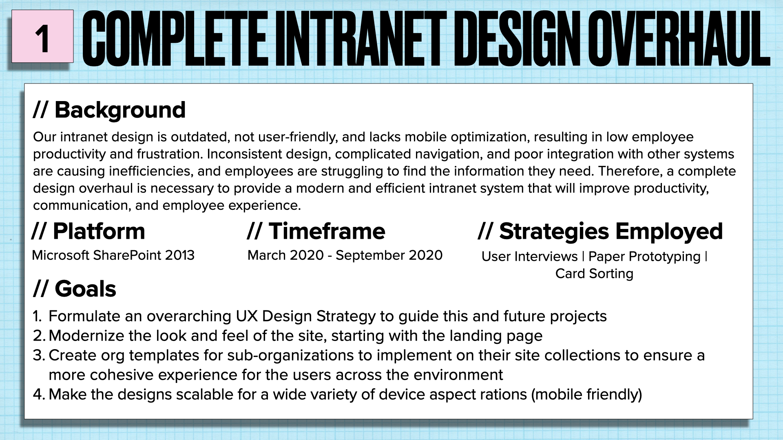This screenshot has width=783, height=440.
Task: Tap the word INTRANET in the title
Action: (361, 39)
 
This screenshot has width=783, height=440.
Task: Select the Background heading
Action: (109, 110)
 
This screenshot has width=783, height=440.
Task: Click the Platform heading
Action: (88, 231)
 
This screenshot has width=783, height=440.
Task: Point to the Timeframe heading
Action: (316, 231)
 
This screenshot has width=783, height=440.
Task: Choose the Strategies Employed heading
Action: (600, 231)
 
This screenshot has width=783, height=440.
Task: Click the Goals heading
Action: (75, 289)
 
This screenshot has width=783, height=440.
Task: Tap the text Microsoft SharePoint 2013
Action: (113, 255)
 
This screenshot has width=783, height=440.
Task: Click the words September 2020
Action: (389, 255)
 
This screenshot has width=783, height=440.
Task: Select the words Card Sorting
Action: (594, 274)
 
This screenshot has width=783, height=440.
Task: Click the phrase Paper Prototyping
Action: (644, 257)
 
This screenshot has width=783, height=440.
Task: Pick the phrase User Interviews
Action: (529, 257)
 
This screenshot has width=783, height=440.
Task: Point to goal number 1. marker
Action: (37, 317)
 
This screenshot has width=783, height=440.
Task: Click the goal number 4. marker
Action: (38, 395)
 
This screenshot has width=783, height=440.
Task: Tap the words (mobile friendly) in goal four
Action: (586, 395)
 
